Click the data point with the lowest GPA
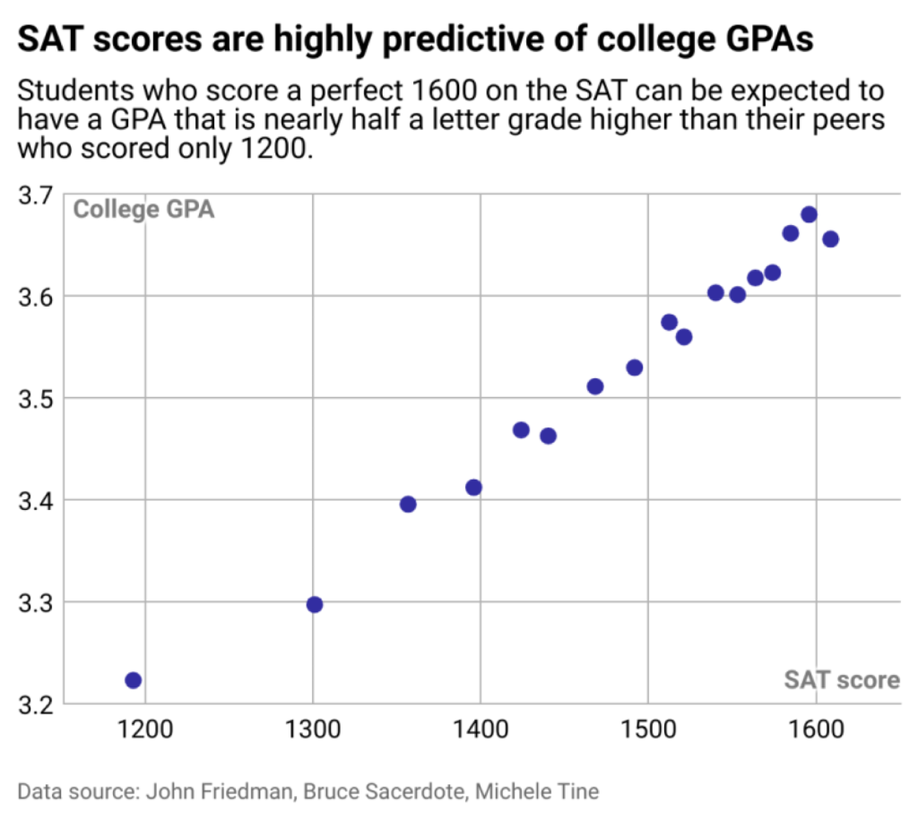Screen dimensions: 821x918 [134, 680]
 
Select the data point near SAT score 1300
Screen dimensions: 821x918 [315, 604]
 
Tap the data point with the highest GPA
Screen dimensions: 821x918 [809, 214]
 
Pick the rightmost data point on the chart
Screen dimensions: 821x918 [830, 239]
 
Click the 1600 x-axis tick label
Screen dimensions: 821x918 [815, 728]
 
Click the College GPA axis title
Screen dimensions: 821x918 [143, 212]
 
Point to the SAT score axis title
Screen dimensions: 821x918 [842, 680]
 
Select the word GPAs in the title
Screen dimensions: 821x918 [771, 40]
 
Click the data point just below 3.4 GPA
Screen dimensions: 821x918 [408, 504]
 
